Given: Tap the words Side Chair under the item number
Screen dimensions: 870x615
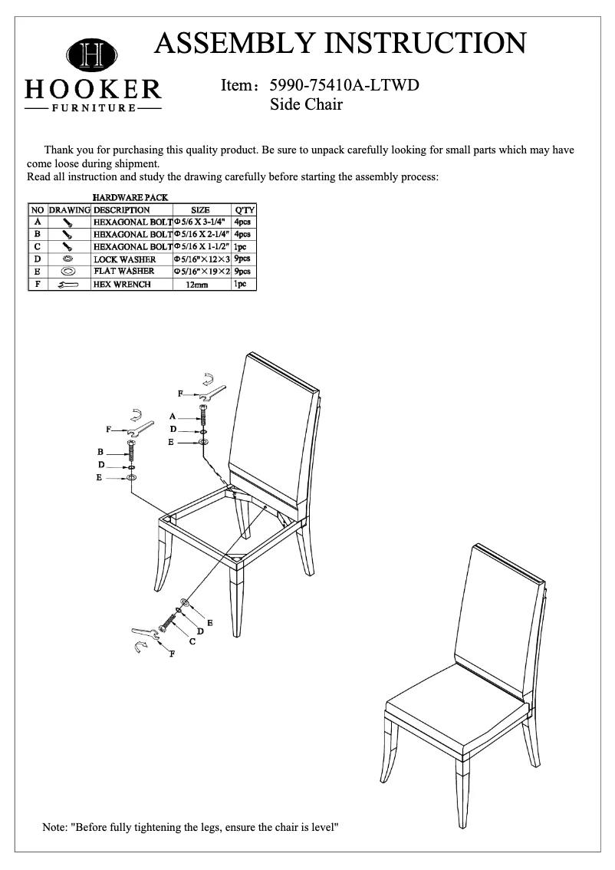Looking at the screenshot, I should [x=306, y=104].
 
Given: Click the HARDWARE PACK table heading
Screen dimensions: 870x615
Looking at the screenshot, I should [x=130, y=198].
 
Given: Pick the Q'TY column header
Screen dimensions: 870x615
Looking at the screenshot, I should [x=245, y=209].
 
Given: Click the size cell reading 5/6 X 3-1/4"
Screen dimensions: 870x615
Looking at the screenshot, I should [x=202, y=222].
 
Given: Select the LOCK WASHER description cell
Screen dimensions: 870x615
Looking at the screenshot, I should [x=125, y=259].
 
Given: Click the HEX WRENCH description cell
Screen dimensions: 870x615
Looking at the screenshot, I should [x=122, y=285].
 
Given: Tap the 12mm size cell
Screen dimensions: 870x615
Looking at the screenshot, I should [x=202, y=285].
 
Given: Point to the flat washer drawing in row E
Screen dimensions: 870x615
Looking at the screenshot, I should [x=67, y=272].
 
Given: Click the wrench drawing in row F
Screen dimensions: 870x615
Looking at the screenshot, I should [x=67, y=285].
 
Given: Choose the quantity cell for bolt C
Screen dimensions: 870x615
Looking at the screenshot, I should [x=243, y=247].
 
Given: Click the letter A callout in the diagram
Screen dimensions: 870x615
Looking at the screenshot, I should [x=173, y=415].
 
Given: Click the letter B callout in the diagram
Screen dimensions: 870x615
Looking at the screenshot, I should [x=100, y=452].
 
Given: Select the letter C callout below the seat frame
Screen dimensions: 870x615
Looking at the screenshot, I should [x=192, y=641].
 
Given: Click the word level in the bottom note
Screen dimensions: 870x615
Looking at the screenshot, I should [x=324, y=828].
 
